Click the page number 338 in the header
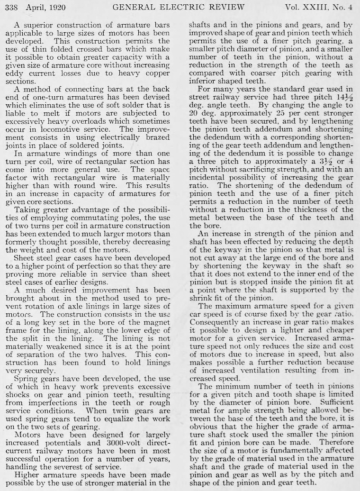11,8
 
